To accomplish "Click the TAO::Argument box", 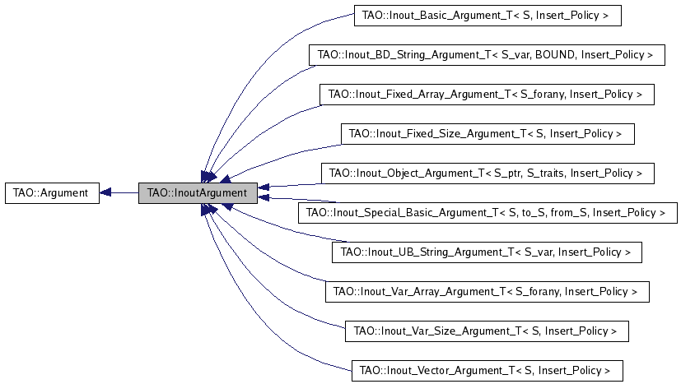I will coord(52,193).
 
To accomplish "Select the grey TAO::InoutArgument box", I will coord(197,193).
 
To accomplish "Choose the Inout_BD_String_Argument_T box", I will coord(486,55).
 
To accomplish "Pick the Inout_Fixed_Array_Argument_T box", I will coord(486,95).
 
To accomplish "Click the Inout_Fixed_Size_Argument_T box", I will coord(486,133).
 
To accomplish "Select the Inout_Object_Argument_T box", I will coord(486,173).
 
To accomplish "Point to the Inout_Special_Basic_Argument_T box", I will coord(486,212).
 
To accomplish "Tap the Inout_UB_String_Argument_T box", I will coord(486,252).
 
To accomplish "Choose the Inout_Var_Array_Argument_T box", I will coord(486,291).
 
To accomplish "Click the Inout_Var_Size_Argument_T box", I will coord(486,331).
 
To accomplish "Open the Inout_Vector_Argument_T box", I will coord(486,370).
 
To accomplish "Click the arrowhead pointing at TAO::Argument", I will coord(105,193).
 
